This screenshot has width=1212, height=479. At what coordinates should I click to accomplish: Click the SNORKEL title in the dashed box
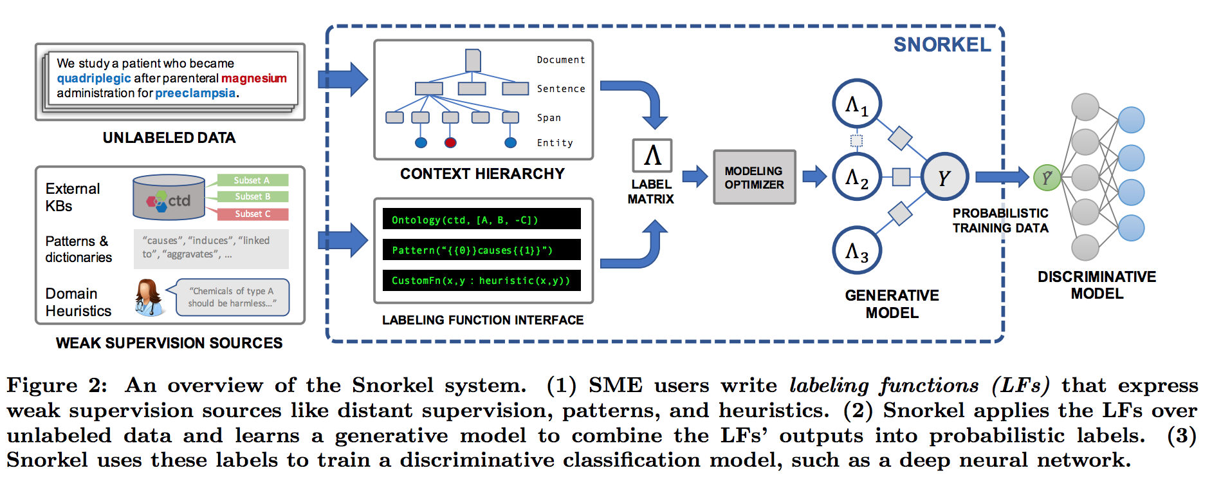click(942, 44)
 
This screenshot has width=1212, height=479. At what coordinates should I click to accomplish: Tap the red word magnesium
click(254, 78)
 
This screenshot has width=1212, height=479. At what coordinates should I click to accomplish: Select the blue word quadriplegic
click(94, 79)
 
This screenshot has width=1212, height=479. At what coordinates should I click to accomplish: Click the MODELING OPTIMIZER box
click(754, 178)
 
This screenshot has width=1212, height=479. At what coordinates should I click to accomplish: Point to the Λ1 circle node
click(857, 104)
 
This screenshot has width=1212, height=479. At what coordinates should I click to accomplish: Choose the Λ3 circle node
click(857, 250)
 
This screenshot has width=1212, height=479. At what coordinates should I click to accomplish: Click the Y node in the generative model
click(944, 177)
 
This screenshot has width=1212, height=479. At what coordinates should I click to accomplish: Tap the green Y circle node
click(1047, 177)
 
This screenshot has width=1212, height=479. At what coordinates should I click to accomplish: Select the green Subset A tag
click(252, 180)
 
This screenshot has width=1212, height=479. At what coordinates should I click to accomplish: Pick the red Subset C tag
click(252, 214)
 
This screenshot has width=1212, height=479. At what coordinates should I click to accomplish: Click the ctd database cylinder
click(169, 198)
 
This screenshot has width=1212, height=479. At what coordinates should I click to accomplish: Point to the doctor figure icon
click(149, 297)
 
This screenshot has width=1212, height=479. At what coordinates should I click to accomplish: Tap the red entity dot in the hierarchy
click(450, 142)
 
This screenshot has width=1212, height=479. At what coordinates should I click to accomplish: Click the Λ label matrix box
click(652, 156)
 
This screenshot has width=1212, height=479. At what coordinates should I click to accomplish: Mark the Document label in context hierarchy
click(561, 60)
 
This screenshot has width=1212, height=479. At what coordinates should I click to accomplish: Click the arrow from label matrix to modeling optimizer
click(695, 176)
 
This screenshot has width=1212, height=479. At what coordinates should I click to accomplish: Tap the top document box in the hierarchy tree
click(473, 61)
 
